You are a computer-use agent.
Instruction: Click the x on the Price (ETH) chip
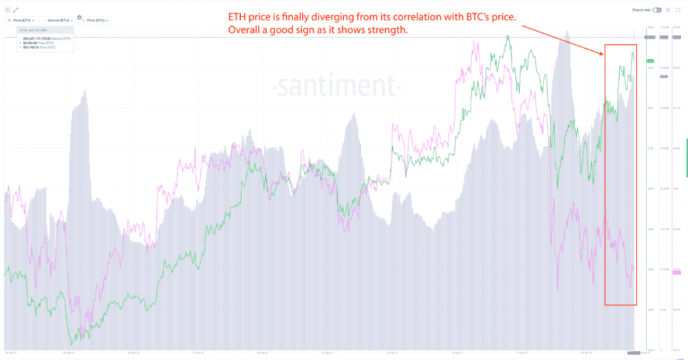33,21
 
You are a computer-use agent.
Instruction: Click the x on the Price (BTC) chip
107,21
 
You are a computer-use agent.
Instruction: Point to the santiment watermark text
336,87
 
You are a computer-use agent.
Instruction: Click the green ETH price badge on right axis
651,61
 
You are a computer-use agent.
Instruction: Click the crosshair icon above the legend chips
7,10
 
